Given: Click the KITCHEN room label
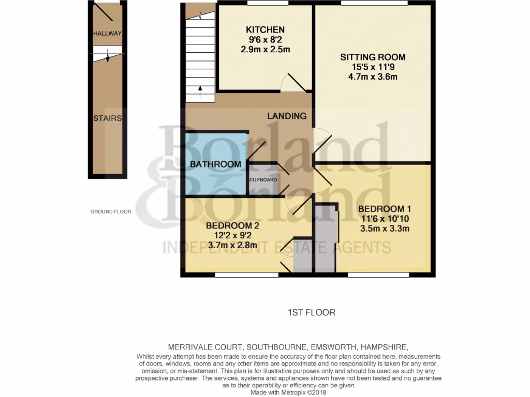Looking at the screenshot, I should pyautogui.click(x=265, y=29).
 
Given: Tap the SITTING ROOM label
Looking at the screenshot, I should pyautogui.click(x=373, y=57).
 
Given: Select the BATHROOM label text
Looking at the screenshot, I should pyautogui.click(x=215, y=164).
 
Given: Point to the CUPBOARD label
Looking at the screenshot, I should pyautogui.click(x=263, y=180).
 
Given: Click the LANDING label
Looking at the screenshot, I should pyautogui.click(x=287, y=116).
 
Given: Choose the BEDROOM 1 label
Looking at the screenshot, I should pyautogui.click(x=384, y=209).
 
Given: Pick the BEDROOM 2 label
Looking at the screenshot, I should pyautogui.click(x=232, y=225).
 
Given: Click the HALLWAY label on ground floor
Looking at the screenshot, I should pyautogui.click(x=107, y=34).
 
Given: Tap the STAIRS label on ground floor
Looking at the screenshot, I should pyautogui.click(x=107, y=118).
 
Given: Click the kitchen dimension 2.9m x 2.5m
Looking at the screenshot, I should pyautogui.click(x=265, y=50).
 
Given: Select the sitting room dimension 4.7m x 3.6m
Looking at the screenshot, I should pyautogui.click(x=373, y=77).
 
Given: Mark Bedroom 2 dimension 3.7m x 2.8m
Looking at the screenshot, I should pyautogui.click(x=232, y=245).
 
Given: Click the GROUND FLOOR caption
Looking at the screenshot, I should pyautogui.click(x=111, y=211).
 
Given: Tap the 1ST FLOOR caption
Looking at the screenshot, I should pyautogui.click(x=312, y=312).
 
